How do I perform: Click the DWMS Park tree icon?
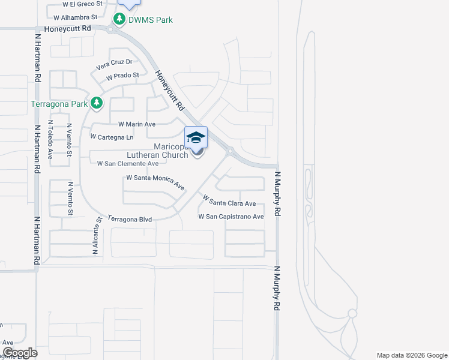click(119, 20)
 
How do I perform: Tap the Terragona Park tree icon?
click(97, 104)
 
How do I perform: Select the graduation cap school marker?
click(196, 138)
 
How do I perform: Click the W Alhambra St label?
click(75, 17)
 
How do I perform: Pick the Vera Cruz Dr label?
click(114, 62)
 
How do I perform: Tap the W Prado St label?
click(122, 76)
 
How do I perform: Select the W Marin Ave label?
click(137, 124)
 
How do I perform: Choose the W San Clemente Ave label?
click(128, 163)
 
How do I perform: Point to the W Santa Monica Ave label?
click(155, 181)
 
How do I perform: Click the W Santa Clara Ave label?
click(230, 201)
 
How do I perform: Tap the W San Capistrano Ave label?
click(231, 217)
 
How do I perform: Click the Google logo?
click(20, 353)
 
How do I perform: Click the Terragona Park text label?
click(59, 104)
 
